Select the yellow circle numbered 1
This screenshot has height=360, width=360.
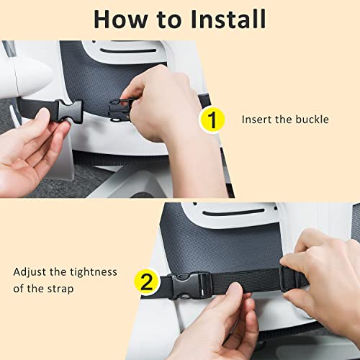pyautogui.click(x=212, y=120)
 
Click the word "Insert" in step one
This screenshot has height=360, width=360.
pyautogui.click(x=257, y=120)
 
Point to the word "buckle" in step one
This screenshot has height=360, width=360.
pyautogui.click(x=311, y=120)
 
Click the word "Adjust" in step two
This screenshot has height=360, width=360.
pyautogui.click(x=30, y=273)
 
